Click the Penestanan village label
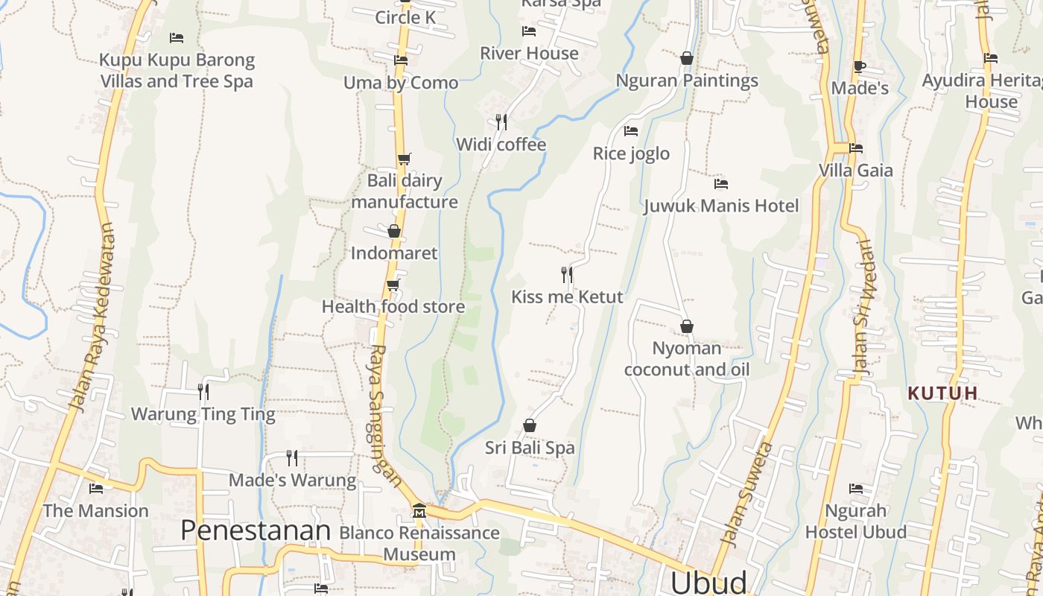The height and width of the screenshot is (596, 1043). [256, 530]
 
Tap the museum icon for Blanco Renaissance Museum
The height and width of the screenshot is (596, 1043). [419, 511]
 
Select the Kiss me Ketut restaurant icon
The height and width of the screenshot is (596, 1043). [567, 275]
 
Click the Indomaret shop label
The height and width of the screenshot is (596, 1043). [394, 253]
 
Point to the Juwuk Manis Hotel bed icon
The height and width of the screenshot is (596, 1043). [720, 183]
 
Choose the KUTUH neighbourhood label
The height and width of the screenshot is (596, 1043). [942, 393]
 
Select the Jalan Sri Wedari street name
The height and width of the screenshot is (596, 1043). [861, 307]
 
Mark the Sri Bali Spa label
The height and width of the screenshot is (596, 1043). [530, 448]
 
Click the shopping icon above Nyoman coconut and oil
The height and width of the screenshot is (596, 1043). [687, 326]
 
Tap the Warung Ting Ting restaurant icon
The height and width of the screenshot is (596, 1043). [203, 390]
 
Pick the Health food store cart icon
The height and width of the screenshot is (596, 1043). [393, 285]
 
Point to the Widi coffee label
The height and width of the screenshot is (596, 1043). [501, 145]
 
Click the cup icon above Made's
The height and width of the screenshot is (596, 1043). [859, 66]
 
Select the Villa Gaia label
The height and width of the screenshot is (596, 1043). [855, 171]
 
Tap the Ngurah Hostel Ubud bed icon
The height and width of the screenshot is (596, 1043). [856, 489]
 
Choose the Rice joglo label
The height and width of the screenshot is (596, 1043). [631, 154]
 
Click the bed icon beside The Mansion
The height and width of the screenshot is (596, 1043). [96, 489]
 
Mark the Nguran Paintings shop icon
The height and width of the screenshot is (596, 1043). [687, 58]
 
